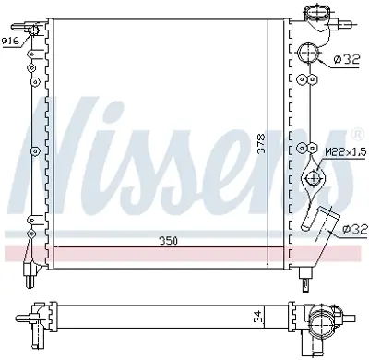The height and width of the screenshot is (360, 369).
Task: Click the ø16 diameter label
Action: coord(10,40)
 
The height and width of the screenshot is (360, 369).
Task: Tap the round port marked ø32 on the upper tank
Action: coord(312,53)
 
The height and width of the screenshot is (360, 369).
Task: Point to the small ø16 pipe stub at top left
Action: coord(35,31)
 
